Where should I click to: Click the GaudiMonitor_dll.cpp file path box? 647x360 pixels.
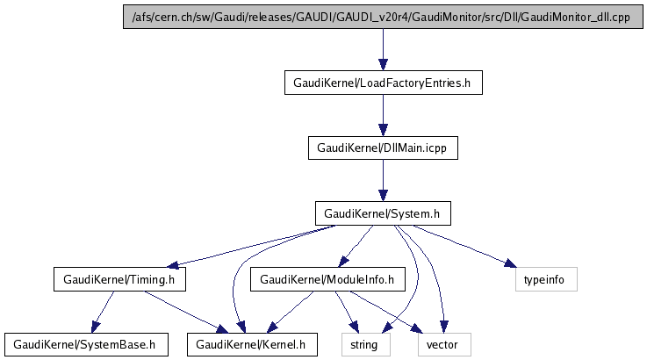pyautogui.click(x=380, y=18)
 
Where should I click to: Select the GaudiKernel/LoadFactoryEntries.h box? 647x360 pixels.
pyautogui.click(x=383, y=83)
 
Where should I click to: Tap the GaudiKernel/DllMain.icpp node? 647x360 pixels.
pyautogui.click(x=383, y=148)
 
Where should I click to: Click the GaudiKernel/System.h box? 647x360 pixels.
pyautogui.click(x=383, y=213)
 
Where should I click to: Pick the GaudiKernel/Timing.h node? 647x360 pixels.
pyautogui.click(x=119, y=280)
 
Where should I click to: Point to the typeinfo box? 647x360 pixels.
pyautogui.click(x=545, y=280)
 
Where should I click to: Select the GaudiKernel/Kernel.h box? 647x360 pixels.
pyautogui.click(x=251, y=344)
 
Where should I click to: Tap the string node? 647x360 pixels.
pyautogui.click(x=364, y=344)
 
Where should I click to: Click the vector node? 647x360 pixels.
pyautogui.click(x=442, y=344)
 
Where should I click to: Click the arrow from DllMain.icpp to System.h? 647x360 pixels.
pyautogui.click(x=383, y=181)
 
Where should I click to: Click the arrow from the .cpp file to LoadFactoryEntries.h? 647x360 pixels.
pyautogui.click(x=383, y=50)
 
